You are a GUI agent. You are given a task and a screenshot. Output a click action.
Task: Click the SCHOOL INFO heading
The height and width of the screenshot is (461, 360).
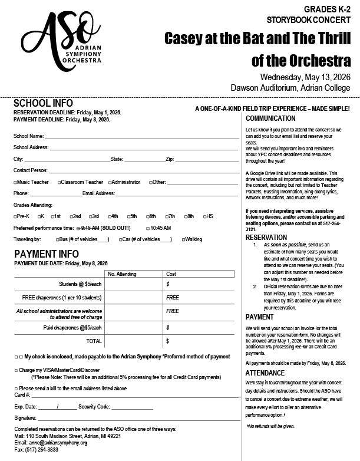43,103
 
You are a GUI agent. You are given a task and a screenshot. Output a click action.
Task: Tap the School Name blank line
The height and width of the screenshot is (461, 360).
141,136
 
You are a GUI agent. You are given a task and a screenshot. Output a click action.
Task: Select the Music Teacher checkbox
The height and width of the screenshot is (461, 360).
15,182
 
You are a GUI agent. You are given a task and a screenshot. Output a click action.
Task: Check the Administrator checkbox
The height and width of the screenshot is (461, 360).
109,182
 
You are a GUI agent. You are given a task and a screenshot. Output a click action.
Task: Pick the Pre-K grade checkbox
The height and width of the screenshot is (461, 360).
15,216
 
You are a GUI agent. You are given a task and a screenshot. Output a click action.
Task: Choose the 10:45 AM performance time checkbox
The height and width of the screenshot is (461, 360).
147,228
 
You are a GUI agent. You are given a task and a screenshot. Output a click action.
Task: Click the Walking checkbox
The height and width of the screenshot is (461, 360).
184,239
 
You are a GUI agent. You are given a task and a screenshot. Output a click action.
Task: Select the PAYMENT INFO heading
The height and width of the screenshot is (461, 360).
46,254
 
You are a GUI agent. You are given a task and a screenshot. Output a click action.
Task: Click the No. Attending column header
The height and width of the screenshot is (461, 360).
123,274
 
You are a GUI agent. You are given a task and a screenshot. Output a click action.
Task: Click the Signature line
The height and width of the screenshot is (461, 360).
136,417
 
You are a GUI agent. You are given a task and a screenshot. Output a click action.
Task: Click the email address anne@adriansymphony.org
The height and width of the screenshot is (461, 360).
59,442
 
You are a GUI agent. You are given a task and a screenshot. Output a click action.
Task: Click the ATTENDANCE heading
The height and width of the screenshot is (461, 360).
265,373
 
